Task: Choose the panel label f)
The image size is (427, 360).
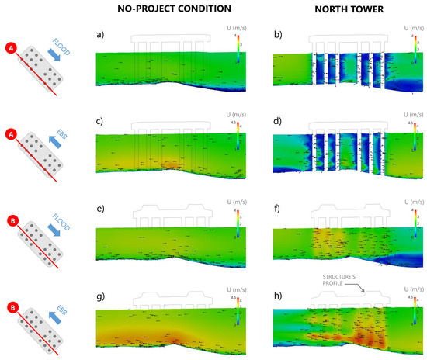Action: [x=279, y=208]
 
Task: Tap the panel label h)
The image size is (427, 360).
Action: [x=279, y=296]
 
